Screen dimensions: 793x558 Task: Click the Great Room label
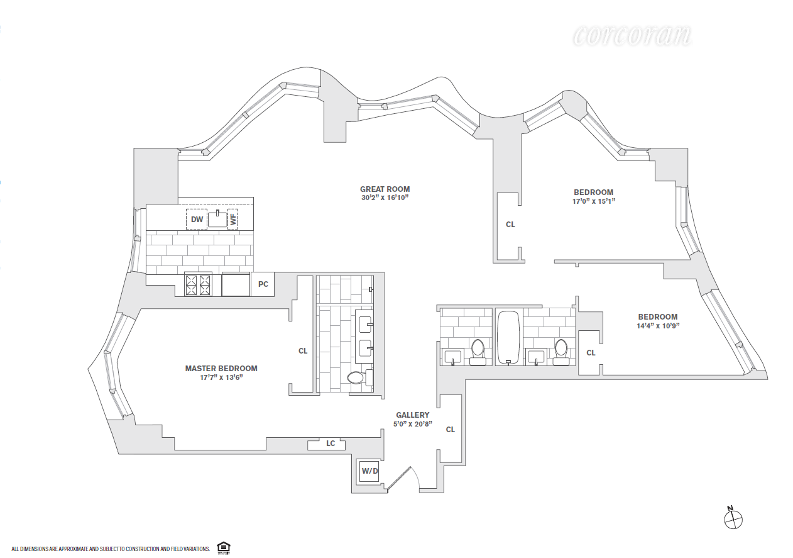pyautogui.click(x=385, y=189)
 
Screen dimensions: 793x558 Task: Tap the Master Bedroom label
pyautogui.click(x=221, y=369)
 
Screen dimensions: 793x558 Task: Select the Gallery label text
pyautogui.click(x=412, y=415)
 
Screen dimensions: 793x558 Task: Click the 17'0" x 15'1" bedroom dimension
pyautogui.click(x=594, y=201)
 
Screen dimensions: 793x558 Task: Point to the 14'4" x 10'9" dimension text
pyautogui.click(x=658, y=325)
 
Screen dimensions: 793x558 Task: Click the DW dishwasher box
pyautogui.click(x=197, y=219)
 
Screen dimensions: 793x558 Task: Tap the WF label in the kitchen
pyautogui.click(x=232, y=219)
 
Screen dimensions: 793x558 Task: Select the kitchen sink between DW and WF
pyautogui.click(x=217, y=219)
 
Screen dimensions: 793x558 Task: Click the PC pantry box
pyautogui.click(x=263, y=284)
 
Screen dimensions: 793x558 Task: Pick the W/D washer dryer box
pyautogui.click(x=369, y=471)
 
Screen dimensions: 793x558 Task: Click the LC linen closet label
pyautogui.click(x=331, y=443)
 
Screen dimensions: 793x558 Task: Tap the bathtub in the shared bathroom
pyautogui.click(x=509, y=337)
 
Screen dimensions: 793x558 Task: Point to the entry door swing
pyautogui.click(x=403, y=479)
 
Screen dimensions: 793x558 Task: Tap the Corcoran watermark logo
pyautogui.click(x=632, y=36)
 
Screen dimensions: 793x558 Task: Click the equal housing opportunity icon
pyautogui.click(x=224, y=548)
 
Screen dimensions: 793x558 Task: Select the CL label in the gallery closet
pyautogui.click(x=451, y=430)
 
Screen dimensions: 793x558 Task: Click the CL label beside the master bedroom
pyautogui.click(x=303, y=351)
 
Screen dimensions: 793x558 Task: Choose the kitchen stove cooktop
pyautogui.click(x=198, y=285)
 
